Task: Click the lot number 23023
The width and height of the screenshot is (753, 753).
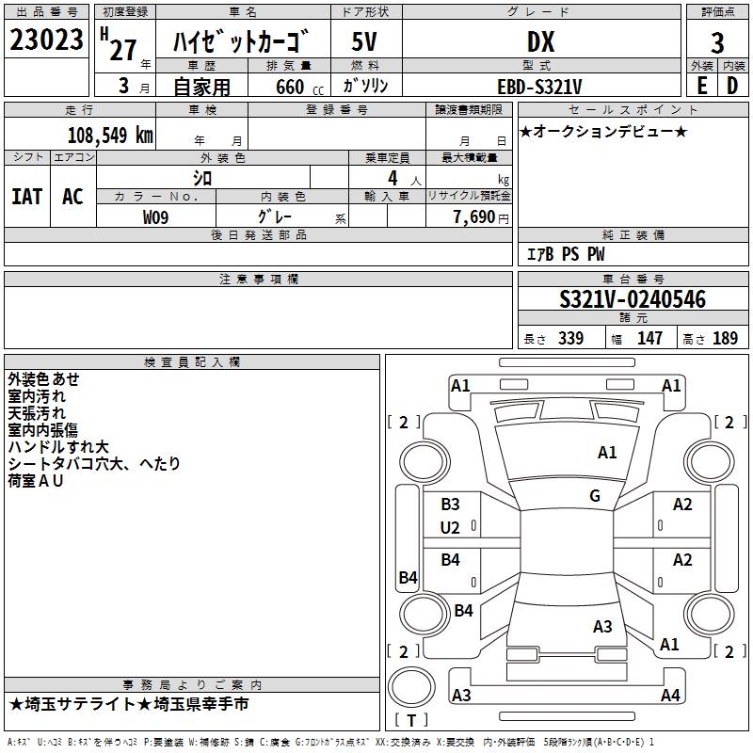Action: (x=46, y=41)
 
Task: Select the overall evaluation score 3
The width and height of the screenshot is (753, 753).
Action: (x=717, y=42)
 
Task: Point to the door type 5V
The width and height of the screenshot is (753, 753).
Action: (x=365, y=41)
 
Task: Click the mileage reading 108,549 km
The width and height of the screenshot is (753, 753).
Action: (x=110, y=135)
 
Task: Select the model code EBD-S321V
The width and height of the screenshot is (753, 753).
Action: (x=539, y=86)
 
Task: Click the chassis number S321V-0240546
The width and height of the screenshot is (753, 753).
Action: (x=633, y=299)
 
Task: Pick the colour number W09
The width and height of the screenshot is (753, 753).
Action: (x=156, y=216)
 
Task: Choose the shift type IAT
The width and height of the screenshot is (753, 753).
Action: (x=26, y=196)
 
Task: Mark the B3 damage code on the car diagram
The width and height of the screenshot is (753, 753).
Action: (x=450, y=505)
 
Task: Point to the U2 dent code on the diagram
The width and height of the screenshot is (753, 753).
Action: (x=450, y=528)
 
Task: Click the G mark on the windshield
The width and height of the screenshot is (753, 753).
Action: (x=595, y=496)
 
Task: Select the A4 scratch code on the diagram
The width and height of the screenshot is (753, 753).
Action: (x=670, y=696)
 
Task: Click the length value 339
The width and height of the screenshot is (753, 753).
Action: (x=570, y=339)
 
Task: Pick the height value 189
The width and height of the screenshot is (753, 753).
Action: (x=725, y=339)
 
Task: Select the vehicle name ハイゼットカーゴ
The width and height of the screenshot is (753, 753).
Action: (x=242, y=42)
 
